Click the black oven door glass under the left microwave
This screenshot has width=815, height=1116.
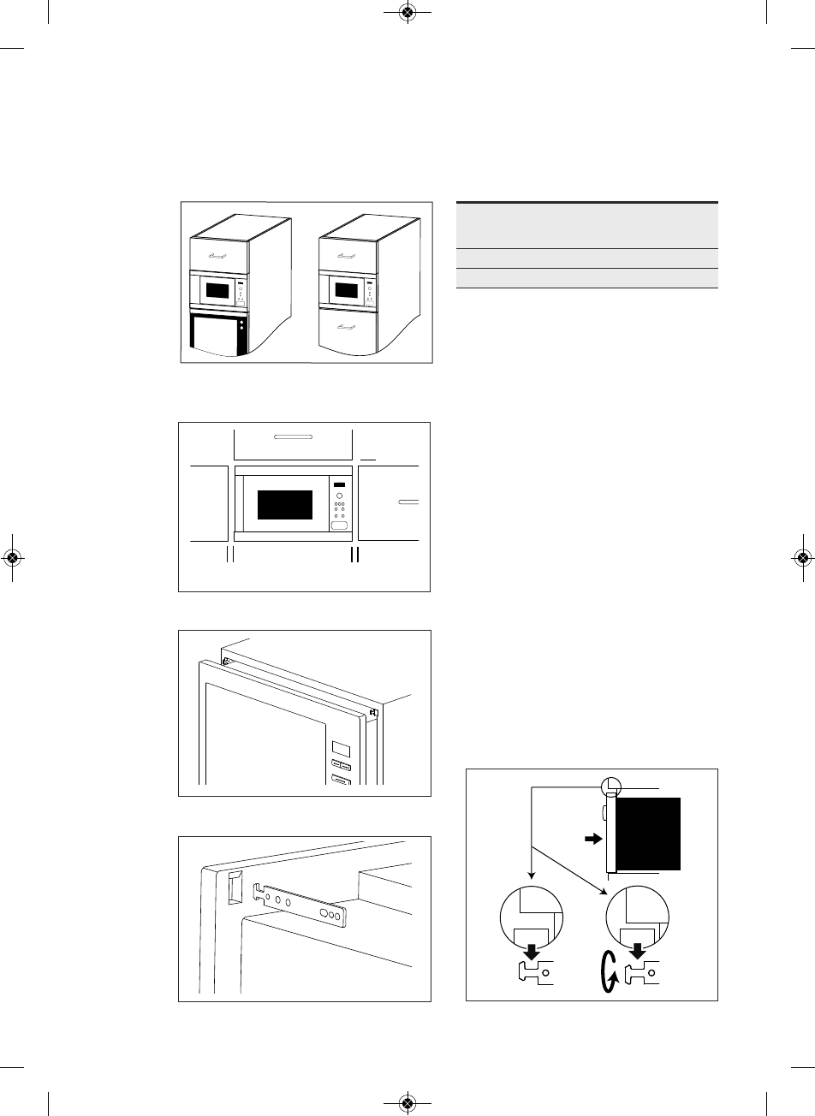click(217, 335)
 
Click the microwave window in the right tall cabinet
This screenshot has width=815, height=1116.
click(347, 289)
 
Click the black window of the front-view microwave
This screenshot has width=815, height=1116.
click(284, 505)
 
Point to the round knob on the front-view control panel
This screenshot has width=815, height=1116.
click(339, 496)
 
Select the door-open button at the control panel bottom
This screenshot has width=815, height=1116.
click(340, 528)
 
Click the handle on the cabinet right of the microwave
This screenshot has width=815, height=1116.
click(408, 502)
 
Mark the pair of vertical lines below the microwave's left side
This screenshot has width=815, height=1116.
click(229, 554)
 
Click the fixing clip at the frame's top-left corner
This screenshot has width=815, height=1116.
click(226, 660)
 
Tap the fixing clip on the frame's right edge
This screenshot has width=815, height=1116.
click(375, 711)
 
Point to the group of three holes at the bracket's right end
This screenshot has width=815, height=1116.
click(329, 913)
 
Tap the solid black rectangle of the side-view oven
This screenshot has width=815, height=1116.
click(647, 832)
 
